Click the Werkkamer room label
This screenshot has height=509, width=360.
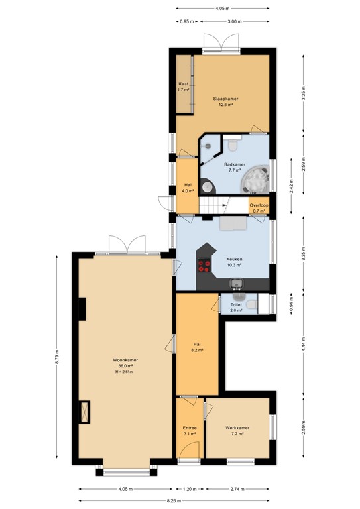click(x=237, y=429)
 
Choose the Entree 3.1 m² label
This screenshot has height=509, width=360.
click(x=190, y=431)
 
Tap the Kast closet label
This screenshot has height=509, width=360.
click(x=184, y=87)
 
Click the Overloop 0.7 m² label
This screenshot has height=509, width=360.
click(x=258, y=208)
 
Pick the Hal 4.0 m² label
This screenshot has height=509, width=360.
click(x=188, y=188)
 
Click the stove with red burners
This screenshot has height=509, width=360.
click(x=204, y=266)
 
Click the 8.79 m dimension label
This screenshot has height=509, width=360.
click(x=58, y=361)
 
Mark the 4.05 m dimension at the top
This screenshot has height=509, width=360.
click(x=222, y=9)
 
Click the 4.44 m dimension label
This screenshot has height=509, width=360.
click(x=303, y=343)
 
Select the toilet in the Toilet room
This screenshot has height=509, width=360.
click(x=249, y=302)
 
